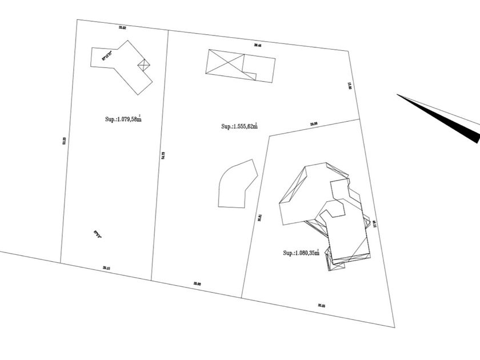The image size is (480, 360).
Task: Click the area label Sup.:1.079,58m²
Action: pyautogui.click(x=121, y=118)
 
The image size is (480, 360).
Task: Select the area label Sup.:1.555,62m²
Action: pyautogui.click(x=239, y=126)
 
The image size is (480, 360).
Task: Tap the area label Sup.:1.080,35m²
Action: pyautogui.click(x=301, y=253)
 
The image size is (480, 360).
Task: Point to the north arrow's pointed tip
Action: pyautogui.click(x=398, y=95)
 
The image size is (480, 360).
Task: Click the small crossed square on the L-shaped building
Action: pyautogui.click(x=144, y=65)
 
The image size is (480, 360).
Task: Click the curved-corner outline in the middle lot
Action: pyautogui.click(x=236, y=184)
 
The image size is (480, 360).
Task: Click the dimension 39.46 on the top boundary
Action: pyautogui.click(x=258, y=45)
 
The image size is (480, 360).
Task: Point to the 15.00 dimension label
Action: pyautogui.click(x=350, y=86)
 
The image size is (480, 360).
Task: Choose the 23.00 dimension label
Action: pyautogui.click(x=314, y=123)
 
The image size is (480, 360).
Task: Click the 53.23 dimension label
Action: pyautogui.click(x=64, y=140)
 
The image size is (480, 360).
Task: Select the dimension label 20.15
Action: pyautogui.click(x=106, y=267)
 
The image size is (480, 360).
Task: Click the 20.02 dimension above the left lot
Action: pyautogui.click(x=122, y=27)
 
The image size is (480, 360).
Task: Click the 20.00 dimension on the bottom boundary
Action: pyautogui.click(x=197, y=283)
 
